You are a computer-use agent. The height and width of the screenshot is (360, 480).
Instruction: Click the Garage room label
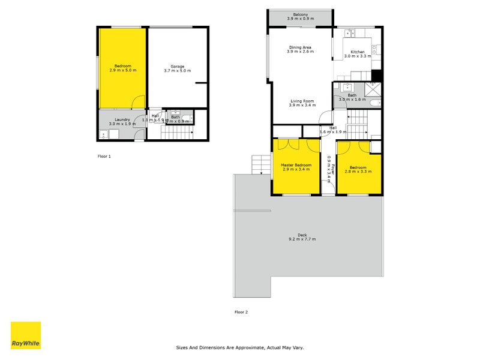tap(177, 66)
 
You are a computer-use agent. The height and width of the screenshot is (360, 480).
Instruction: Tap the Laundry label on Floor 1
tap(119, 119)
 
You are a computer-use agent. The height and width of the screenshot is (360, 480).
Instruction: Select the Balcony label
tap(301, 14)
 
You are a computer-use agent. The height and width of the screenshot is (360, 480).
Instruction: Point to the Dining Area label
tap(300, 47)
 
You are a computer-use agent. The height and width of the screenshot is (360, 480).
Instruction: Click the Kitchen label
tap(357, 52)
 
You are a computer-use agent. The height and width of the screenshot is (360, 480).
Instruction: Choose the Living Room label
tap(302, 101)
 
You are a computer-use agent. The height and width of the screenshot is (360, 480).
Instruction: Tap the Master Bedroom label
tap(296, 164)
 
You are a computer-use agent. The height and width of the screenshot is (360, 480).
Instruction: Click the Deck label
tap(301, 235)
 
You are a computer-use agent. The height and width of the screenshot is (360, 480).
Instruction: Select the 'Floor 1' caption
tap(104, 156)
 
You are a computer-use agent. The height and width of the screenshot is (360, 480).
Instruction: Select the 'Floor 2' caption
tap(241, 312)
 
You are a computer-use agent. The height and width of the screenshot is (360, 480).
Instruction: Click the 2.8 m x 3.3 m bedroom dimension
tap(359, 172)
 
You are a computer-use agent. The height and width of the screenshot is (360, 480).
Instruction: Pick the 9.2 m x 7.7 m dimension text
tap(301, 239)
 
